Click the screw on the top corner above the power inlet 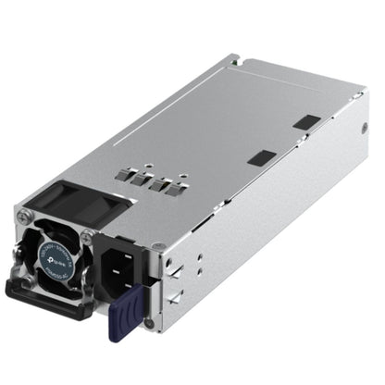coord(159,245)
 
